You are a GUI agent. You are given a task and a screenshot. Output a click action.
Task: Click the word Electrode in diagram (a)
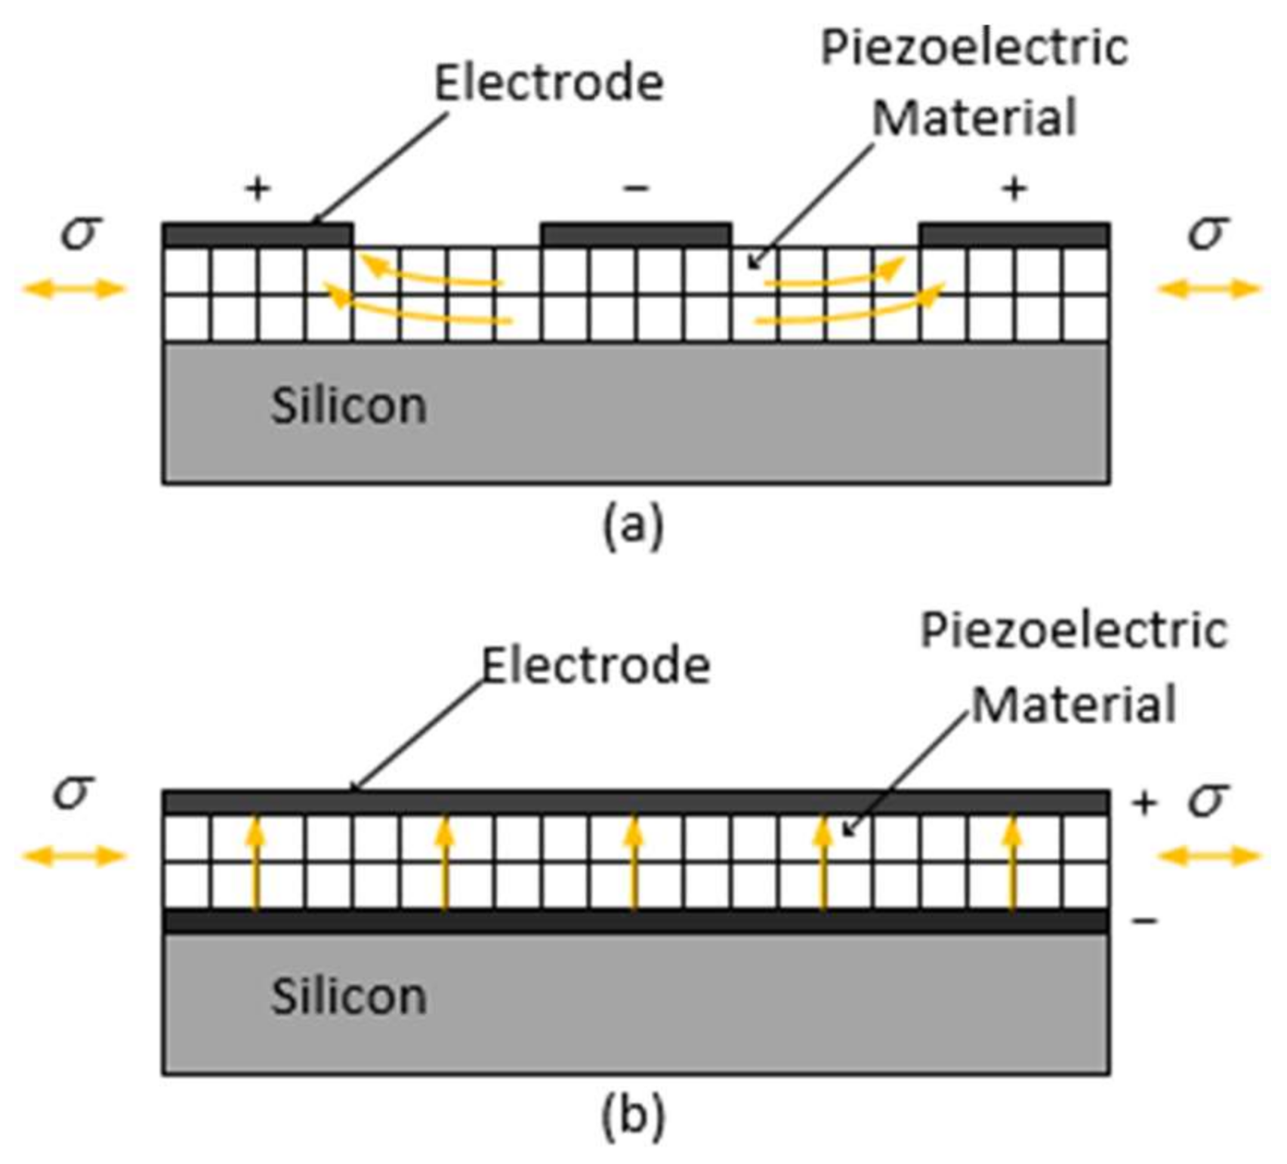(549, 82)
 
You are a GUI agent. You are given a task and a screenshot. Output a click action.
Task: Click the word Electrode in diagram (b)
(597, 666)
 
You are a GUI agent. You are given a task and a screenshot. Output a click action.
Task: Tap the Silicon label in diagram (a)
(349, 406)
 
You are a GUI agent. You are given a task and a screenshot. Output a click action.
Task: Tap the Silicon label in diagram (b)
(349, 996)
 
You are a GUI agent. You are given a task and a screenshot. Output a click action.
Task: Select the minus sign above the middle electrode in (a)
(636, 188)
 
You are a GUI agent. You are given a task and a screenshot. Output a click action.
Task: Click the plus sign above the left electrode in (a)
(258, 188)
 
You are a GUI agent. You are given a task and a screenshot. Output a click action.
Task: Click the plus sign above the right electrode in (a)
(1014, 188)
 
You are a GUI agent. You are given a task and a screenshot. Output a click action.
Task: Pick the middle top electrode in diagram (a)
(636, 235)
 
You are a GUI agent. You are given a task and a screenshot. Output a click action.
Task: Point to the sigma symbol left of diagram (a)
(80, 231)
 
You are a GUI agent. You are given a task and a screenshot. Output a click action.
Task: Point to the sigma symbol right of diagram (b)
(1208, 799)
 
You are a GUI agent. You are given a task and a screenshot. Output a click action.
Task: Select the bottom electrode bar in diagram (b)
(636, 921)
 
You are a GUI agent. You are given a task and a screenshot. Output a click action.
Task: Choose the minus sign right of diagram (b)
(1145, 920)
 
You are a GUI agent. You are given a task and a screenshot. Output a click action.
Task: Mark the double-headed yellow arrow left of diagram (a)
(73, 288)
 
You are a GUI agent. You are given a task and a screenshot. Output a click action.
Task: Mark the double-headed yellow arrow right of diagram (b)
(1208, 856)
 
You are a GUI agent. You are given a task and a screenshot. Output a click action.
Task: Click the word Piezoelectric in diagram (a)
(974, 48)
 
